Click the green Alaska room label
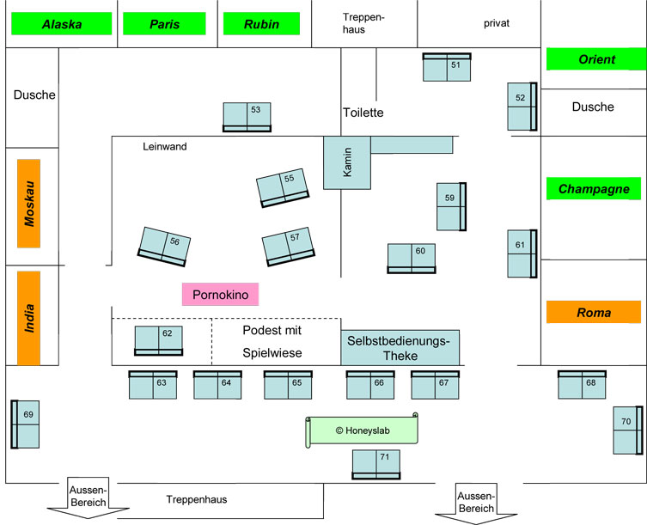click(62, 24)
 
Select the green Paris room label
click(164, 24)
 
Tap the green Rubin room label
click(261, 24)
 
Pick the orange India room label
click(29, 316)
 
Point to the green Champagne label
click(594, 189)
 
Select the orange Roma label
click(594, 313)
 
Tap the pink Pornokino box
click(220, 295)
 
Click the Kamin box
click(347, 162)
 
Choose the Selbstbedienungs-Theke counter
click(400, 347)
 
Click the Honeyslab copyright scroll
click(363, 430)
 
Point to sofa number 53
click(247, 117)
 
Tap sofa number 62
click(159, 340)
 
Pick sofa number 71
click(376, 464)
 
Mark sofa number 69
click(25, 424)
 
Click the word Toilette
click(363, 113)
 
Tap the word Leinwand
click(164, 146)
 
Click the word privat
click(497, 23)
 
